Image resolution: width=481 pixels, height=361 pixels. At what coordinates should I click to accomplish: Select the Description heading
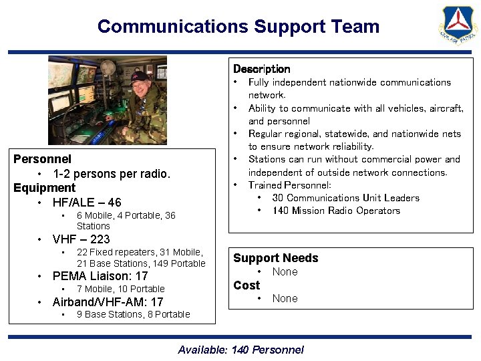point(261,69)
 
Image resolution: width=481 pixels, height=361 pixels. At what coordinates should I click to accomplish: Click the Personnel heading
point(42,159)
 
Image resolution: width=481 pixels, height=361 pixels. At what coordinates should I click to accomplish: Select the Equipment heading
point(44,188)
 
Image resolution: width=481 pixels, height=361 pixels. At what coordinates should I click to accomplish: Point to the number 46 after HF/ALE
point(114,203)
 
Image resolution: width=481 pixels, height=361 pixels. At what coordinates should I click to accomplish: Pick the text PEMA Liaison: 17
point(100,276)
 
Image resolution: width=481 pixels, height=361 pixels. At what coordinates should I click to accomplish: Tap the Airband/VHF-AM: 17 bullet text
point(108,302)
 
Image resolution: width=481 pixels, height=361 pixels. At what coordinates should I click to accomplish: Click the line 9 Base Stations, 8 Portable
point(133,314)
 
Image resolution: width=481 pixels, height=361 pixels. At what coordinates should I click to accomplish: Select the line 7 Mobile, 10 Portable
point(121,289)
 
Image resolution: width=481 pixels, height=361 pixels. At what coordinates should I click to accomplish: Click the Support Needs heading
point(275,258)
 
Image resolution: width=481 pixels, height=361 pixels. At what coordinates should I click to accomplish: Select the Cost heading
point(246,285)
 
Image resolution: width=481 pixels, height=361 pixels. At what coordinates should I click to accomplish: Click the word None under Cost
point(285,298)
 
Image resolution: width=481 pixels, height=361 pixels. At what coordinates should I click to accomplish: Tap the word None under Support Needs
point(285,271)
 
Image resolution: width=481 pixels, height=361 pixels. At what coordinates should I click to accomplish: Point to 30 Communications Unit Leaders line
point(345,198)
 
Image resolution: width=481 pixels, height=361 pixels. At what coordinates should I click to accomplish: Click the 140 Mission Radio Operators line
point(336,211)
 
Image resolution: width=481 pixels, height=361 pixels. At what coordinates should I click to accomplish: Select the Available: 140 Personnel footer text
point(240,350)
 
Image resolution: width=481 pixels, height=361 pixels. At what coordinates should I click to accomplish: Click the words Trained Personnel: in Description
point(289,185)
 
